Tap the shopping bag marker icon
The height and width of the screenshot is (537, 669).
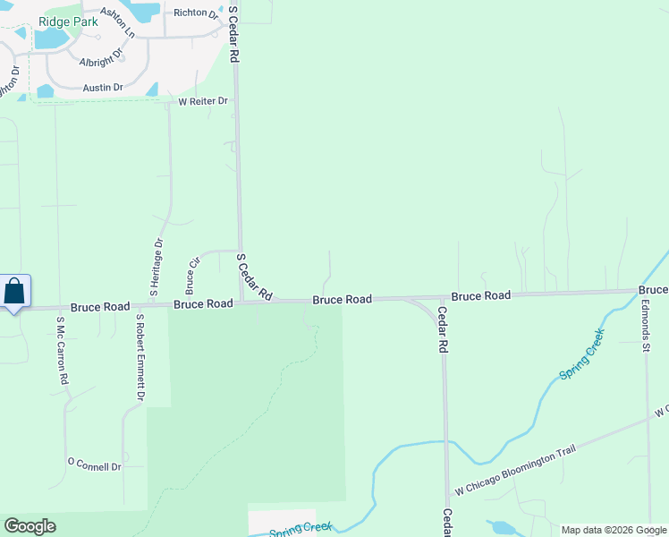15,292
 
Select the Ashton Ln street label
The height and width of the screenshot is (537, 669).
117,21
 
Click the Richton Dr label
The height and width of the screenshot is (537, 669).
196,13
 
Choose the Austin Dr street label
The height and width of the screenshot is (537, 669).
103,87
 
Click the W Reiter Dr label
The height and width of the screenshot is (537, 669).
203,101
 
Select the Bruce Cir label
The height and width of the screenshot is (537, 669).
191,276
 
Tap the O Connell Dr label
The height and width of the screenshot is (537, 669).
94,465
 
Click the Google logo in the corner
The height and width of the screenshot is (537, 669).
30,526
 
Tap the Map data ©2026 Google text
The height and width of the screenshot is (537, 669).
614,530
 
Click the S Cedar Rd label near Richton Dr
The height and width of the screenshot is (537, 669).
234,35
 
